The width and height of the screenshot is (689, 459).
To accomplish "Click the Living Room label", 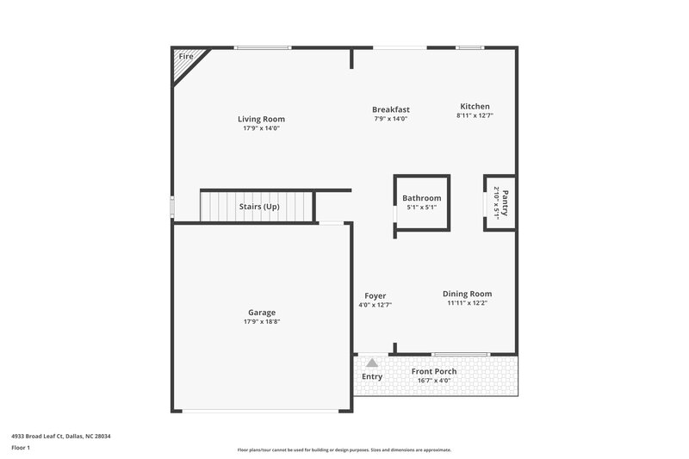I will [261, 119].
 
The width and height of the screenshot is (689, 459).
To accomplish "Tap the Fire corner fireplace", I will [186, 60].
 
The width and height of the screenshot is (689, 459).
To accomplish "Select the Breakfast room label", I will [390, 109].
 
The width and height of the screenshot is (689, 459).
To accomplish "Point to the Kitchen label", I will [475, 106].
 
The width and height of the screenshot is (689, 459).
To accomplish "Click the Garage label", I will [262, 313].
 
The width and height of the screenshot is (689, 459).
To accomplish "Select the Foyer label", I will [375, 295].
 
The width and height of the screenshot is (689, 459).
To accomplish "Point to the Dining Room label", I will [469, 294].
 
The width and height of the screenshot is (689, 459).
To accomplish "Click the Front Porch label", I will [433, 371].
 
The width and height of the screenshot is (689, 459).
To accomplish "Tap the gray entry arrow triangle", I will [372, 363].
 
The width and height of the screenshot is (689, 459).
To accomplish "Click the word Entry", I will [372, 376].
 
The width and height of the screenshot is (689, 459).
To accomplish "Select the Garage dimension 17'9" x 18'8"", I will [262, 322].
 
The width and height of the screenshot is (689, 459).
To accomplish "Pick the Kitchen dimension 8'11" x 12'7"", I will [475, 115].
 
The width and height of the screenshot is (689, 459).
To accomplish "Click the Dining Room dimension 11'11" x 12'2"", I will [469, 303].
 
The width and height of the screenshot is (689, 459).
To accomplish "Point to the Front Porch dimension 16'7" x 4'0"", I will [433, 381].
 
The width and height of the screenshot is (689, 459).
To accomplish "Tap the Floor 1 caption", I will [20, 449].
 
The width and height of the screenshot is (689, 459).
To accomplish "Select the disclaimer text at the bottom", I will [344, 450].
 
